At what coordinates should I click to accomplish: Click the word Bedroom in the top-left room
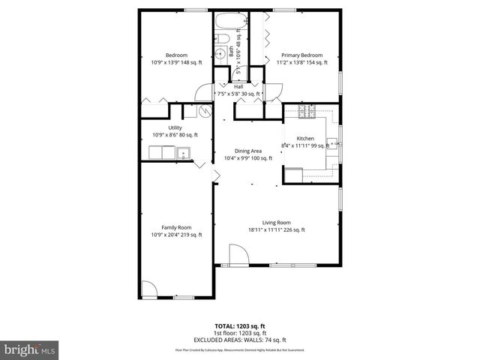pyautogui.click(x=176, y=55)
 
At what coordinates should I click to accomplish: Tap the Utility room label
pyautogui.click(x=175, y=127)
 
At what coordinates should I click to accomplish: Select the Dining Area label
pyautogui.click(x=247, y=151)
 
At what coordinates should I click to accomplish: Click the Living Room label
pyautogui.click(x=276, y=222)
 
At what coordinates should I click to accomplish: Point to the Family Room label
pyautogui.click(x=176, y=227)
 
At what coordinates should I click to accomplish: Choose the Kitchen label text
pyautogui.click(x=305, y=139)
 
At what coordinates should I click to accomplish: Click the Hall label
pyautogui.click(x=238, y=87)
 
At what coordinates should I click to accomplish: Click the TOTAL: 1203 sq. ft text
pyautogui.click(x=239, y=326)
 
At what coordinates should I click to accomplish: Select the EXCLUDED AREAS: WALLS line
pyautogui.click(x=240, y=340)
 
